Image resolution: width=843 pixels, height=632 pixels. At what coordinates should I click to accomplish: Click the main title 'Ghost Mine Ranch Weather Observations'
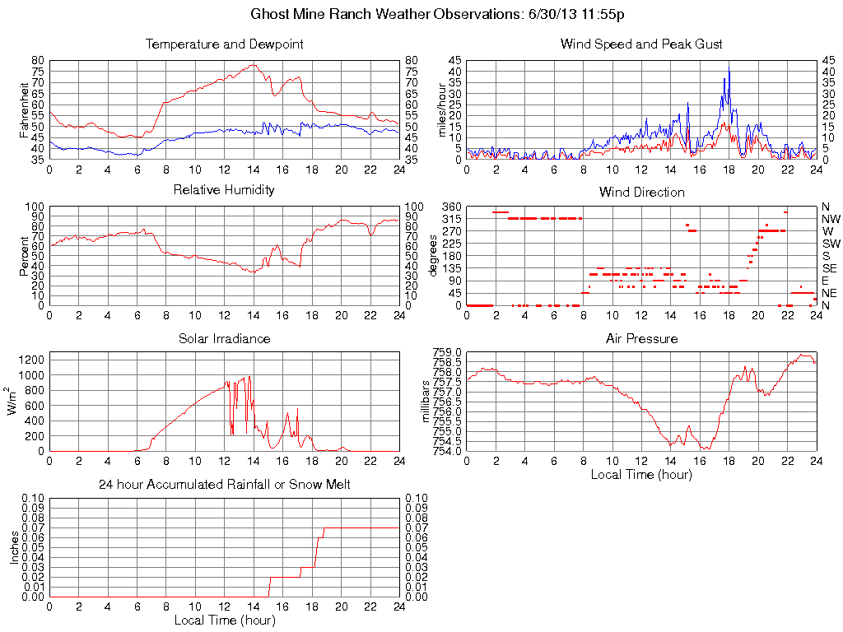tap(421, 15)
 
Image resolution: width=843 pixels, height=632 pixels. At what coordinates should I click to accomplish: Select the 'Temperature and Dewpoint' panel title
tap(224, 44)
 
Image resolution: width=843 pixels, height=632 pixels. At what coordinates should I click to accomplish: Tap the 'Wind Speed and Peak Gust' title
tap(641, 44)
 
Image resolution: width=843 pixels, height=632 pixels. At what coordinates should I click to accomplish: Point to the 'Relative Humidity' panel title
tap(224, 190)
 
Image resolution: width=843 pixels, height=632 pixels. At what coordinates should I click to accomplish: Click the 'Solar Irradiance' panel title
tap(224, 338)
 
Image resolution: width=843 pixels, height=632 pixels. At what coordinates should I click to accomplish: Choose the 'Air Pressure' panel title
tap(641, 338)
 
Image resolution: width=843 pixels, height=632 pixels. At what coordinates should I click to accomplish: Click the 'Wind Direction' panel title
tap(641, 192)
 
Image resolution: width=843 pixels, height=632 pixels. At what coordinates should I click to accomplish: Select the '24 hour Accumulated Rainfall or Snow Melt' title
tap(224, 485)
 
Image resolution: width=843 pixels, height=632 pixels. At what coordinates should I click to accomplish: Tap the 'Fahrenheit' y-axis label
tap(24, 109)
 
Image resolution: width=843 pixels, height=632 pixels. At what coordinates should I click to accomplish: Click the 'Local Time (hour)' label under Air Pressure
tap(641, 474)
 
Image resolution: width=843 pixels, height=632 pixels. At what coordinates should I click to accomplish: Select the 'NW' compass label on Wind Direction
tap(830, 219)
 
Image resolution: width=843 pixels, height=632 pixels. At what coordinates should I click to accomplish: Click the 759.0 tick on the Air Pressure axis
tap(448, 352)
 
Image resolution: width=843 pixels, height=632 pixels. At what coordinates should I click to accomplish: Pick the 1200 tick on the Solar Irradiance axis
tap(31, 360)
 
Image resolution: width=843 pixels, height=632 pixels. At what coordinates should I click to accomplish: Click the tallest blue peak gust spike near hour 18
tap(729, 69)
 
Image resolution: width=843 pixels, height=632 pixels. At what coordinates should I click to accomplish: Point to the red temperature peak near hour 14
tap(252, 64)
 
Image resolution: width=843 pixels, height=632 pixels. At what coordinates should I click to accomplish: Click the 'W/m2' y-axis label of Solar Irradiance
tap(16, 401)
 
